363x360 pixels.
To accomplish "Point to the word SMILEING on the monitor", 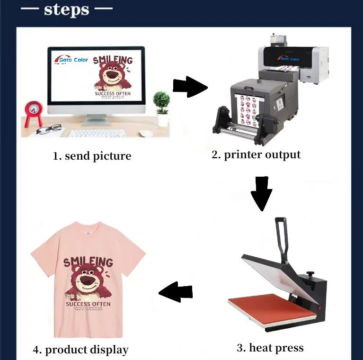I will click(x=113, y=60).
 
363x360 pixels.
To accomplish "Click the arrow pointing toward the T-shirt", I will click(x=176, y=293).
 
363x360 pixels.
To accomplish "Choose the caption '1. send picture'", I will click(x=92, y=156).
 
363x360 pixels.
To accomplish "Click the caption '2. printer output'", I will click(x=256, y=155).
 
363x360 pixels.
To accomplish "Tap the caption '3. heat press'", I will click(x=270, y=348).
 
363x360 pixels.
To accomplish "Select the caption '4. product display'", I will click(x=80, y=350).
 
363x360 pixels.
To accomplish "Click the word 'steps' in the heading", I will click(x=66, y=9).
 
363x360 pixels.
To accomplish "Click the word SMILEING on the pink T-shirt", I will click(x=88, y=262).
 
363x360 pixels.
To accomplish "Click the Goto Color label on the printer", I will click(x=290, y=59).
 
